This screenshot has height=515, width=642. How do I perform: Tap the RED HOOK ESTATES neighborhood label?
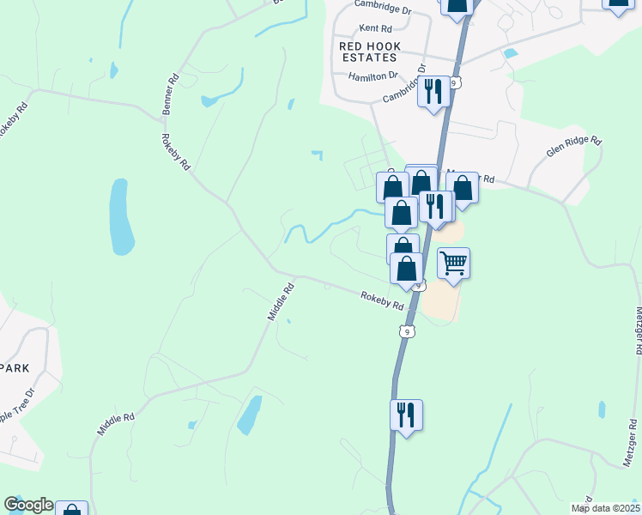(368, 51)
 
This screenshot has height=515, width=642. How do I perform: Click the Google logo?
(28, 505)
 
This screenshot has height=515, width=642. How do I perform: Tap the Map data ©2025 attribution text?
(605, 508)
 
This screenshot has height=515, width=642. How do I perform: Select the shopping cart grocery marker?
(453, 263)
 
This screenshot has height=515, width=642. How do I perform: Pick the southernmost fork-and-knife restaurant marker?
(405, 415)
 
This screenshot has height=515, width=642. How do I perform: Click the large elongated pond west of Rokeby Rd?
(121, 217)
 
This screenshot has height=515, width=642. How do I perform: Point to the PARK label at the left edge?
(15, 367)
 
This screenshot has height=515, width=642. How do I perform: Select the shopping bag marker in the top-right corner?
(619, 3)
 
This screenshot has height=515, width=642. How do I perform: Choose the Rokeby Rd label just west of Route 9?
(382, 300)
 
